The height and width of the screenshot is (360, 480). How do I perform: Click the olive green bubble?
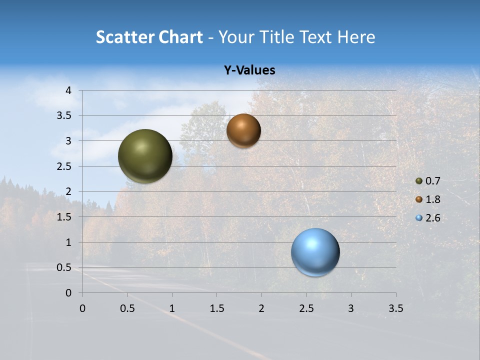[145, 156]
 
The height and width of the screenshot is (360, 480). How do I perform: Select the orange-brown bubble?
[243, 130]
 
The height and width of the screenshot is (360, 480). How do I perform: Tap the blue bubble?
[315, 252]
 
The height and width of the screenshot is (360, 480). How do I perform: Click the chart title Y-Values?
[249, 70]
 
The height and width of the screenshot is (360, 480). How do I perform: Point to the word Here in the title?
[356, 37]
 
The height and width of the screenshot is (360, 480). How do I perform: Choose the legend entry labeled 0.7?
[427, 181]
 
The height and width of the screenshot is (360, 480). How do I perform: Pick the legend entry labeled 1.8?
[427, 199]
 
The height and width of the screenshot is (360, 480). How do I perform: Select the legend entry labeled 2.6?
[427, 218]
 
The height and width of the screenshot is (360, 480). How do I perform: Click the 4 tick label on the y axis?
[68, 90]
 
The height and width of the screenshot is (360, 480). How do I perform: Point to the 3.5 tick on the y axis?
[64, 116]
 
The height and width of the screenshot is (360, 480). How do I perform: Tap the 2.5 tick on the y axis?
[64, 166]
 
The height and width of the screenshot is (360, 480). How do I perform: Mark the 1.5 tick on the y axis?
[64, 217]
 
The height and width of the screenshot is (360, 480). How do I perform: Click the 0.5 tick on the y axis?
[64, 268]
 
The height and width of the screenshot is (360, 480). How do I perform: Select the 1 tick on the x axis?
[172, 308]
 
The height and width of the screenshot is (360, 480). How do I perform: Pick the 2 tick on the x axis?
[261, 308]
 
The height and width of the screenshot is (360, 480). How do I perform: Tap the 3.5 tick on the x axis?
[396, 308]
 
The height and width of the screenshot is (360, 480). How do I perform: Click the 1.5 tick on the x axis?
[216, 308]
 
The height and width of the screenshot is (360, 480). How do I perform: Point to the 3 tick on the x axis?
[351, 308]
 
